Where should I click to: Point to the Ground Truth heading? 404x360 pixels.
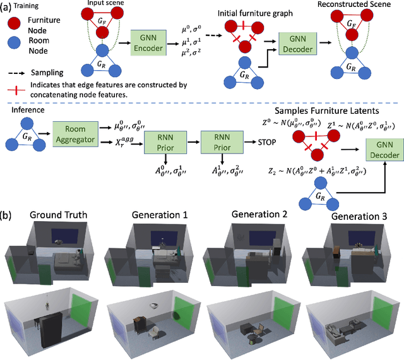pyautogui.click(x=62, y=215)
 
